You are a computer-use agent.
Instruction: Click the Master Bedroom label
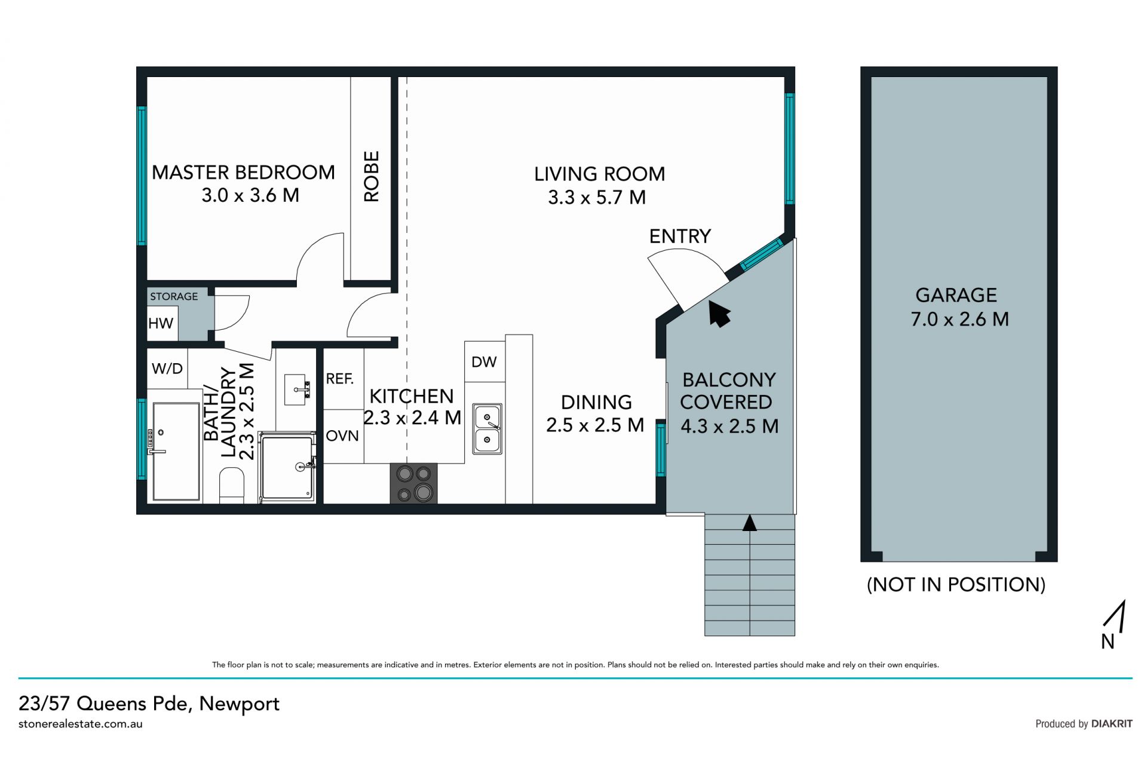[243, 173]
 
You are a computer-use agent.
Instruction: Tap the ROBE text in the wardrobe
[371, 176]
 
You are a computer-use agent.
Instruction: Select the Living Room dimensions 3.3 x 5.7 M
[597, 197]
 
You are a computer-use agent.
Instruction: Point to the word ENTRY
[680, 237]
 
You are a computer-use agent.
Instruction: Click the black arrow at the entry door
[719, 313]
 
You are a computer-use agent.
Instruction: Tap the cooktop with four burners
[413, 483]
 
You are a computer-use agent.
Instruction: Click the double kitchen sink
[487, 428]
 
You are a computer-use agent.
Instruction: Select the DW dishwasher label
[484, 361]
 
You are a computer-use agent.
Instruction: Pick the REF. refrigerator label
[340, 378]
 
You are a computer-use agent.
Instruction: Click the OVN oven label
[342, 436]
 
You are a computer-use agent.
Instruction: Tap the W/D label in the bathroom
[167, 368]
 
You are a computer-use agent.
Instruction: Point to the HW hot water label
[161, 323]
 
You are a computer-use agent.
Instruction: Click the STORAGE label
[174, 296]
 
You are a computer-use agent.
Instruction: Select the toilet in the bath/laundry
[232, 485]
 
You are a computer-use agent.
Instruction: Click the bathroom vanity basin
[296, 389]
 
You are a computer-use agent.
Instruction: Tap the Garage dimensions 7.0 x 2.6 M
[959, 319]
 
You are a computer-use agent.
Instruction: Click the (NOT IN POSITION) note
[956, 584]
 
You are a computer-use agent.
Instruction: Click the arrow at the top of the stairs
[750, 523]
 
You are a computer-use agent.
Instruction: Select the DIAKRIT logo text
[1112, 723]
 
